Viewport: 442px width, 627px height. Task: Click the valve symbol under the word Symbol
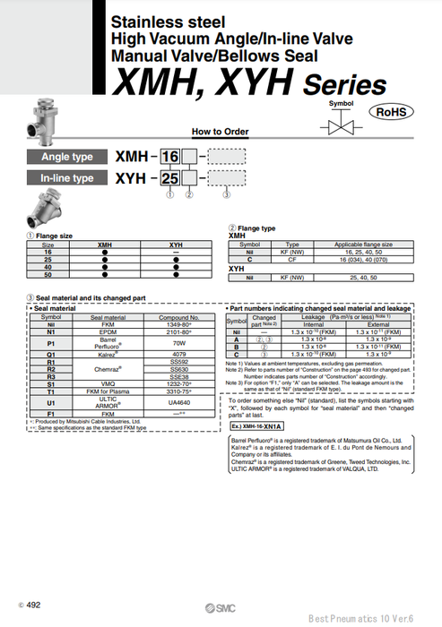(x=341, y=124)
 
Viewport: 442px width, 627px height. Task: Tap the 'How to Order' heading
(x=221, y=131)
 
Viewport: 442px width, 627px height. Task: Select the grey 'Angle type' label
(x=66, y=157)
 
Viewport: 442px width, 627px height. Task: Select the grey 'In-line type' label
(x=66, y=178)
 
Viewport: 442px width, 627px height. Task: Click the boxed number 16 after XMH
(x=169, y=157)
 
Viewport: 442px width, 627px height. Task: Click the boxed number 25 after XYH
(x=169, y=178)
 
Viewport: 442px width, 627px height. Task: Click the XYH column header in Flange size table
(x=176, y=244)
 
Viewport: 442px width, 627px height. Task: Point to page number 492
(x=32, y=606)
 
